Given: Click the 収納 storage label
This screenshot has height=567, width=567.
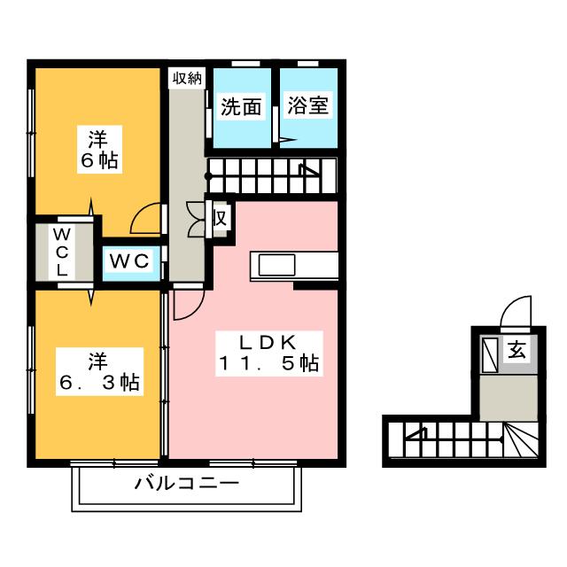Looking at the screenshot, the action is [x=187, y=78].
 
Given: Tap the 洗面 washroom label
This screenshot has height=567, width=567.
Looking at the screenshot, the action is [x=241, y=106].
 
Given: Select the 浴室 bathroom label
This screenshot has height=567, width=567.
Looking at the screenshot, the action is [x=308, y=105].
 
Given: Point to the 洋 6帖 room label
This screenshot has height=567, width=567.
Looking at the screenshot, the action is [x=99, y=150].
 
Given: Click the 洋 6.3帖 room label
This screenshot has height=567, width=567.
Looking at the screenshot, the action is [x=99, y=372].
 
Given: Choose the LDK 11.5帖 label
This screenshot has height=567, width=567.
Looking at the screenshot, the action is [x=269, y=353].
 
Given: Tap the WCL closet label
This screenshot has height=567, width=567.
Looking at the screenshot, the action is [x=62, y=252].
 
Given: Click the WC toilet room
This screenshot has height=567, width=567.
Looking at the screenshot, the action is [x=130, y=261].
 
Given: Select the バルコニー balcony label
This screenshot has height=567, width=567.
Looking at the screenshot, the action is [x=187, y=483].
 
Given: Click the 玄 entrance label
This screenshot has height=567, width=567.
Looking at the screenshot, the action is [x=517, y=349].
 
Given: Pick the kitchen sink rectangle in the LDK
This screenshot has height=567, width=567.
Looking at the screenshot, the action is [x=276, y=265].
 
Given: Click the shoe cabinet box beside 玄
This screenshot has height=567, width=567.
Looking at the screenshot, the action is [x=490, y=354].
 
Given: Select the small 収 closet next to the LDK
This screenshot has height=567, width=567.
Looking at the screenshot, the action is [x=221, y=219].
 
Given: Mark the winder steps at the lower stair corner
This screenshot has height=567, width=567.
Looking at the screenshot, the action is [x=520, y=440].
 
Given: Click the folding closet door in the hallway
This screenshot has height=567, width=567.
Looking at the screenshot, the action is [x=196, y=219].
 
